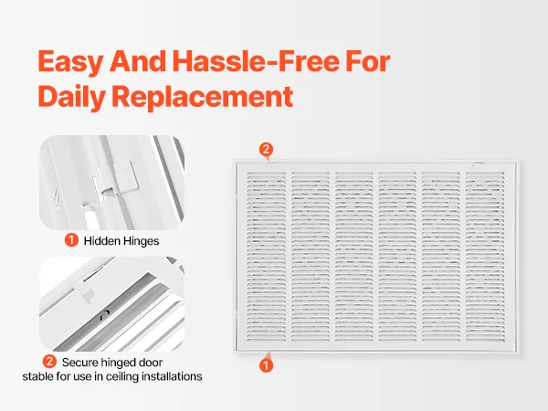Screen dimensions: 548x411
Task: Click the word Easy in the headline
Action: [x=70, y=62]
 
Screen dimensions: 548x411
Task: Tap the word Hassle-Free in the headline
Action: [x=256, y=61]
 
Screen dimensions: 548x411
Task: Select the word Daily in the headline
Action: [x=71, y=97]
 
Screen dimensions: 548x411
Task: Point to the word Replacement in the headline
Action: [x=203, y=97]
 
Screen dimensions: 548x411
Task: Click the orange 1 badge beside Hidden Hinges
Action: [x=71, y=240]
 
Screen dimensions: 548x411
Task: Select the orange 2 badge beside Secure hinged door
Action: [x=49, y=362]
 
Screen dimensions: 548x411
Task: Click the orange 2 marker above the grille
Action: [x=266, y=150]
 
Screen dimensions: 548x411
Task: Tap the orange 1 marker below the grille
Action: [x=266, y=364]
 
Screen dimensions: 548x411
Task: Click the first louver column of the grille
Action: [x=266, y=257]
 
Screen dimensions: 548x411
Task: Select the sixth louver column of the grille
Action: [x=485, y=257]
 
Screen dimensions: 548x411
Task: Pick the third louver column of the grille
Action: [x=353, y=257]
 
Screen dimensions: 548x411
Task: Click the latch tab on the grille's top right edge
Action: [x=478, y=163]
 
